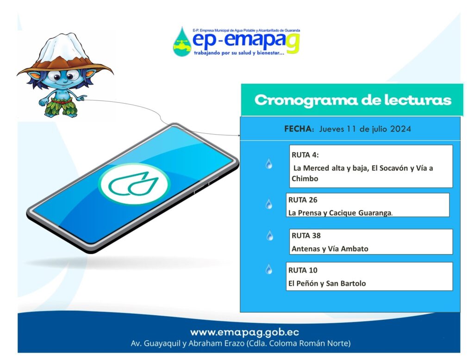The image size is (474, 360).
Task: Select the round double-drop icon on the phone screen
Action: (x=135, y=184)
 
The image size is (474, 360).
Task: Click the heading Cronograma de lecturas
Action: (x=353, y=100)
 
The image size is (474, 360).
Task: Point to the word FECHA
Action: (x=299, y=129)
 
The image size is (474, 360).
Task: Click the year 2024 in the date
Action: (x=400, y=129)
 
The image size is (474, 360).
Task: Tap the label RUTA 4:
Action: (x=305, y=155)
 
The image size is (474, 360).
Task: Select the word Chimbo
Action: (x=305, y=179)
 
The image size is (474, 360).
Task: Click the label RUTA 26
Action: (x=303, y=200)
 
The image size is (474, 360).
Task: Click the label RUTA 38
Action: (x=306, y=236)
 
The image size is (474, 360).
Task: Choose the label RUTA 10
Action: (x=303, y=270)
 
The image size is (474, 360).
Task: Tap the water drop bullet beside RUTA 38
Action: (x=270, y=236)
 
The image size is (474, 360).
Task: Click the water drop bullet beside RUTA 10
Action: (x=269, y=269)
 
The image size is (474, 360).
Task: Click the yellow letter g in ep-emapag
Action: (x=293, y=44)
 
